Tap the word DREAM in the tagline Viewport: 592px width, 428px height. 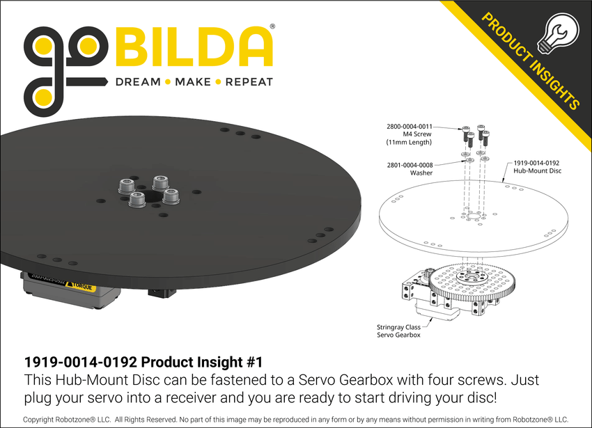[x=137, y=82]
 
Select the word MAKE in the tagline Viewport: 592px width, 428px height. [x=193, y=82]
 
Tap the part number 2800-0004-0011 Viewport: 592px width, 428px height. [x=410, y=127]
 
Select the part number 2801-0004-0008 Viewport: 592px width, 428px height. [x=410, y=164]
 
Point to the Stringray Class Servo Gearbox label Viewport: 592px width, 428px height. [x=398, y=331]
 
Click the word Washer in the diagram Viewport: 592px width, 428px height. [x=421, y=173]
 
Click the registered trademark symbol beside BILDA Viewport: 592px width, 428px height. [x=272, y=26]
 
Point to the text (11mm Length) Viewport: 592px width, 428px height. [x=409, y=143]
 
